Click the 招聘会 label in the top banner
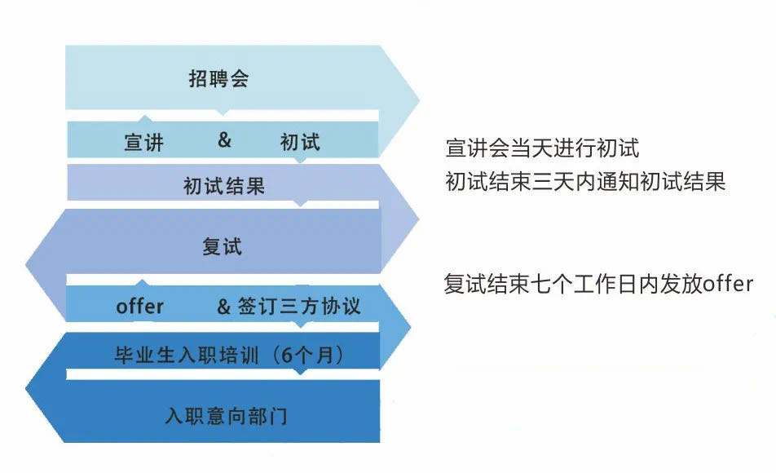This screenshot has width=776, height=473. [x=218, y=79]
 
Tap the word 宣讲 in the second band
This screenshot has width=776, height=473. [x=143, y=142]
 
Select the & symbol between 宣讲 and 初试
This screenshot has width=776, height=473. [x=224, y=139]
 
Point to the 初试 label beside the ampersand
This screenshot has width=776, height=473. [x=300, y=142]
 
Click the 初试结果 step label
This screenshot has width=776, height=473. [x=224, y=186]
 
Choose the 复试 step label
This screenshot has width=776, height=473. [x=223, y=246]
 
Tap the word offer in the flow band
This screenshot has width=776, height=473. [x=139, y=306]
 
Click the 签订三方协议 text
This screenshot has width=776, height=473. [x=299, y=306]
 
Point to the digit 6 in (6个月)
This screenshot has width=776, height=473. [x=287, y=355]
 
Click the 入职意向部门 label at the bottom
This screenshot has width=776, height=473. [x=226, y=416]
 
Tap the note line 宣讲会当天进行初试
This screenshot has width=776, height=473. [x=542, y=148]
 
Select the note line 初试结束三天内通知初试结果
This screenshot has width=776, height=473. [x=585, y=181]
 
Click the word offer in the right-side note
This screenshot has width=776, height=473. [x=728, y=284]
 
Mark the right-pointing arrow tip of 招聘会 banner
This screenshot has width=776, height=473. [x=419, y=100]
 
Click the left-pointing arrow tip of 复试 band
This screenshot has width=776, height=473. [x=27, y=264]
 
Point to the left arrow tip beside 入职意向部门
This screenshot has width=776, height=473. [x=27, y=387]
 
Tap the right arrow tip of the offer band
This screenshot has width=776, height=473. [x=410, y=326]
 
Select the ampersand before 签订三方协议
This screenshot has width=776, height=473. [x=223, y=307]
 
